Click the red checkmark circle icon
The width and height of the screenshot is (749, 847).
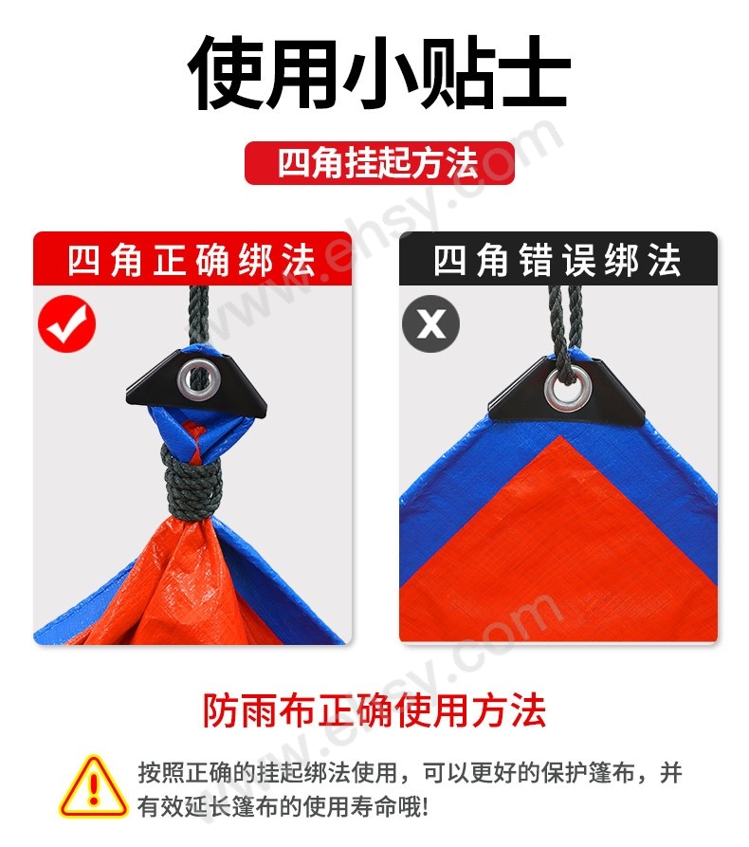click(67, 324)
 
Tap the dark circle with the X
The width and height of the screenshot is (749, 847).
click(431, 324)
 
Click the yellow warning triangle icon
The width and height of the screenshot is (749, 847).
click(93, 786)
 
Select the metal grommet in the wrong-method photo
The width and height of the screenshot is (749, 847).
click(566, 390)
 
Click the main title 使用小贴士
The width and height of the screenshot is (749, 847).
click(378, 72)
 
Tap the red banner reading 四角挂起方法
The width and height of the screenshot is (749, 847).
click(379, 162)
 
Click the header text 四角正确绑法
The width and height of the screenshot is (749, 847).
click(192, 260)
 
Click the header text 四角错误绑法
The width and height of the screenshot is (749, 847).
click(557, 260)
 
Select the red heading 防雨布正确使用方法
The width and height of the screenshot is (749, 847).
click(374, 710)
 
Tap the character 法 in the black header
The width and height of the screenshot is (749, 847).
click(665, 260)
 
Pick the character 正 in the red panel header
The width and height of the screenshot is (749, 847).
click(170, 260)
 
